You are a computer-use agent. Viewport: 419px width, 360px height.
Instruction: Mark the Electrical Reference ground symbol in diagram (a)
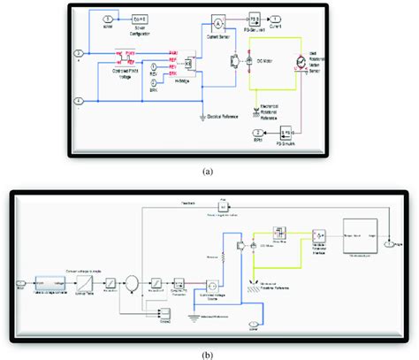tap(205, 112)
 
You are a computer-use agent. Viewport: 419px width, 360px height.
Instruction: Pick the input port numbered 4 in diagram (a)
tap(80, 99)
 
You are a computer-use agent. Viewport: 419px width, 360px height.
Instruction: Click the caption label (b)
tap(209, 352)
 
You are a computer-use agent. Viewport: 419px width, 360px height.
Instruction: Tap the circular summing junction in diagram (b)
tap(131, 283)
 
